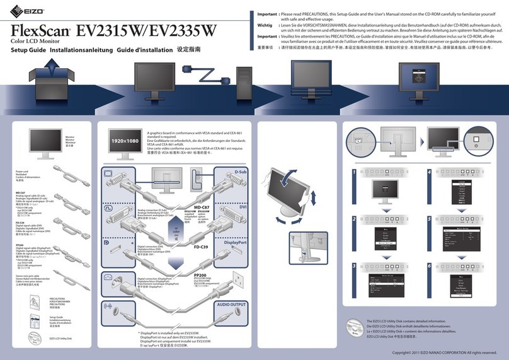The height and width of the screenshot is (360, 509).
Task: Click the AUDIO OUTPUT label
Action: [x=231, y=303]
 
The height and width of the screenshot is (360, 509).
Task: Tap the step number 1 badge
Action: [x=356, y=171]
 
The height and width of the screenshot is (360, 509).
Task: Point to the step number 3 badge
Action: [x=356, y=267]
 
